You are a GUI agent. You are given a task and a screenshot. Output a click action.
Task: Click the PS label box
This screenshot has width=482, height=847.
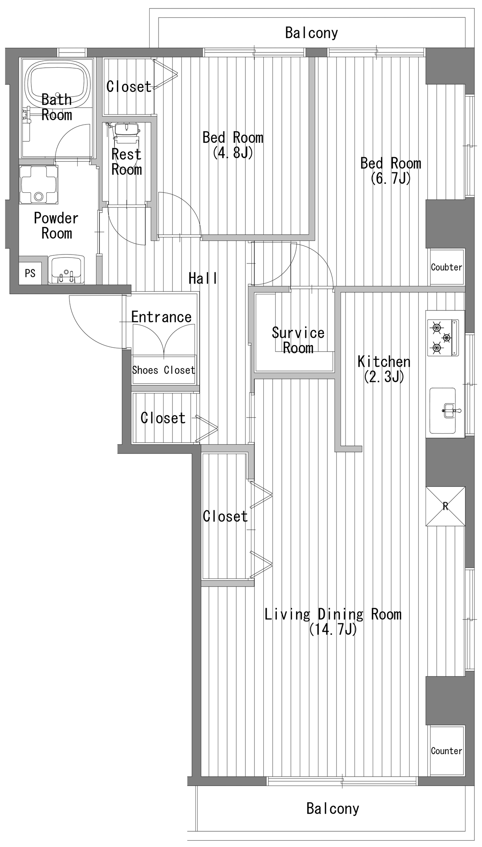tap(30, 273)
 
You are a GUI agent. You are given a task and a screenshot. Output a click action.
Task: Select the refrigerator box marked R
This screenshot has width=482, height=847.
tap(445, 507)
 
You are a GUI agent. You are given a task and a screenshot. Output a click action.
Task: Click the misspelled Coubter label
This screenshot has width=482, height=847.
tap(446, 267)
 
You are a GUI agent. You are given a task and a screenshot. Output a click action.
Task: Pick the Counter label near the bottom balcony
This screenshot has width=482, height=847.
tap(446, 751)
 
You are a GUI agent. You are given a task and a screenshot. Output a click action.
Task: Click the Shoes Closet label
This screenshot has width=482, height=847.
tap(164, 370)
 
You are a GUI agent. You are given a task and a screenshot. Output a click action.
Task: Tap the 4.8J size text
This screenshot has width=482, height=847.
tap(233, 152)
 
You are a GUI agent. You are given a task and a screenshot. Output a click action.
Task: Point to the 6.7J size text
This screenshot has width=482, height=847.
tap(391, 178)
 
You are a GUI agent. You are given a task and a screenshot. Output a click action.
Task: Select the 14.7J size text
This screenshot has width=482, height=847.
tap(333, 629)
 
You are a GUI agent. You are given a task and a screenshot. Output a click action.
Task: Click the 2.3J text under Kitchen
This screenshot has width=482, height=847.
tap(384, 376)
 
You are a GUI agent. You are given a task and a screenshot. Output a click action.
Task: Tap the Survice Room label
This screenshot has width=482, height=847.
tap(298, 340)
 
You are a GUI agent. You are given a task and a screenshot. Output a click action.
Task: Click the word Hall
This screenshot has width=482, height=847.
tap(203, 278)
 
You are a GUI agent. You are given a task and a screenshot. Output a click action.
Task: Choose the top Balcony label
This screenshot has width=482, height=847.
tap(312, 33)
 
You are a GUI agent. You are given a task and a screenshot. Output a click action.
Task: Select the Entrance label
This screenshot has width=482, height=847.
tap(161, 317)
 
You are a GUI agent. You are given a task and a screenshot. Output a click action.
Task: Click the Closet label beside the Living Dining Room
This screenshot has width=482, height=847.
tap(225, 516)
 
